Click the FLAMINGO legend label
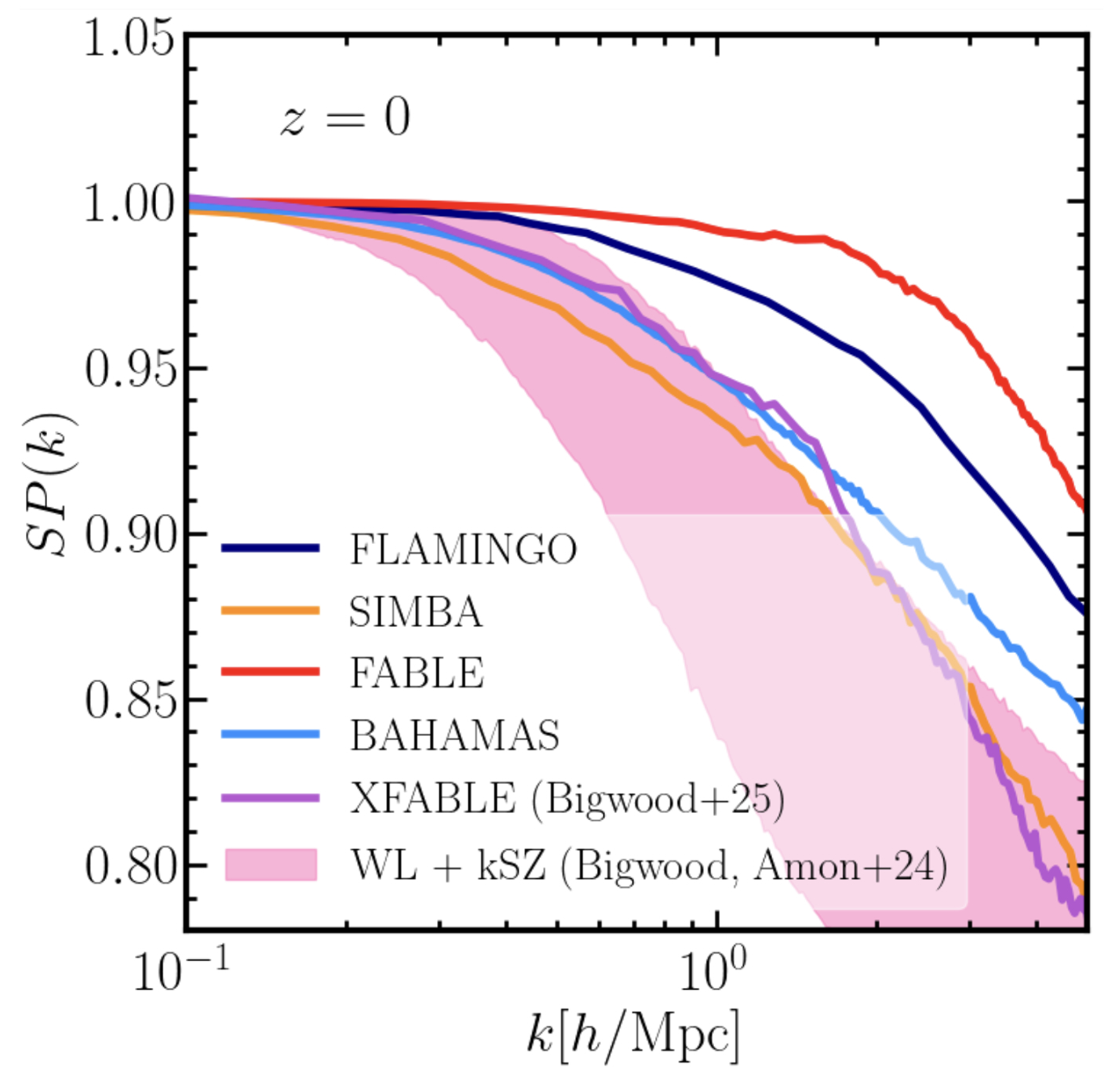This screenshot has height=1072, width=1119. click(x=463, y=549)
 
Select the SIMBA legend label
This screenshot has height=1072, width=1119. click(x=416, y=612)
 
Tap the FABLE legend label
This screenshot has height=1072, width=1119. click(x=417, y=673)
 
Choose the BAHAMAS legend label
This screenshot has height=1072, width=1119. click(x=454, y=735)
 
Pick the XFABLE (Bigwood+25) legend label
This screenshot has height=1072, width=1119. click(x=567, y=799)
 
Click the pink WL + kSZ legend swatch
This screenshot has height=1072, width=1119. click(x=271, y=865)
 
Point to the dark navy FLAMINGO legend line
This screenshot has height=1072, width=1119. click(x=271, y=549)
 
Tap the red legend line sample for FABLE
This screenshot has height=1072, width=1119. click(x=271, y=672)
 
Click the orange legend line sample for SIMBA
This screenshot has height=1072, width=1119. click(x=271, y=611)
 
